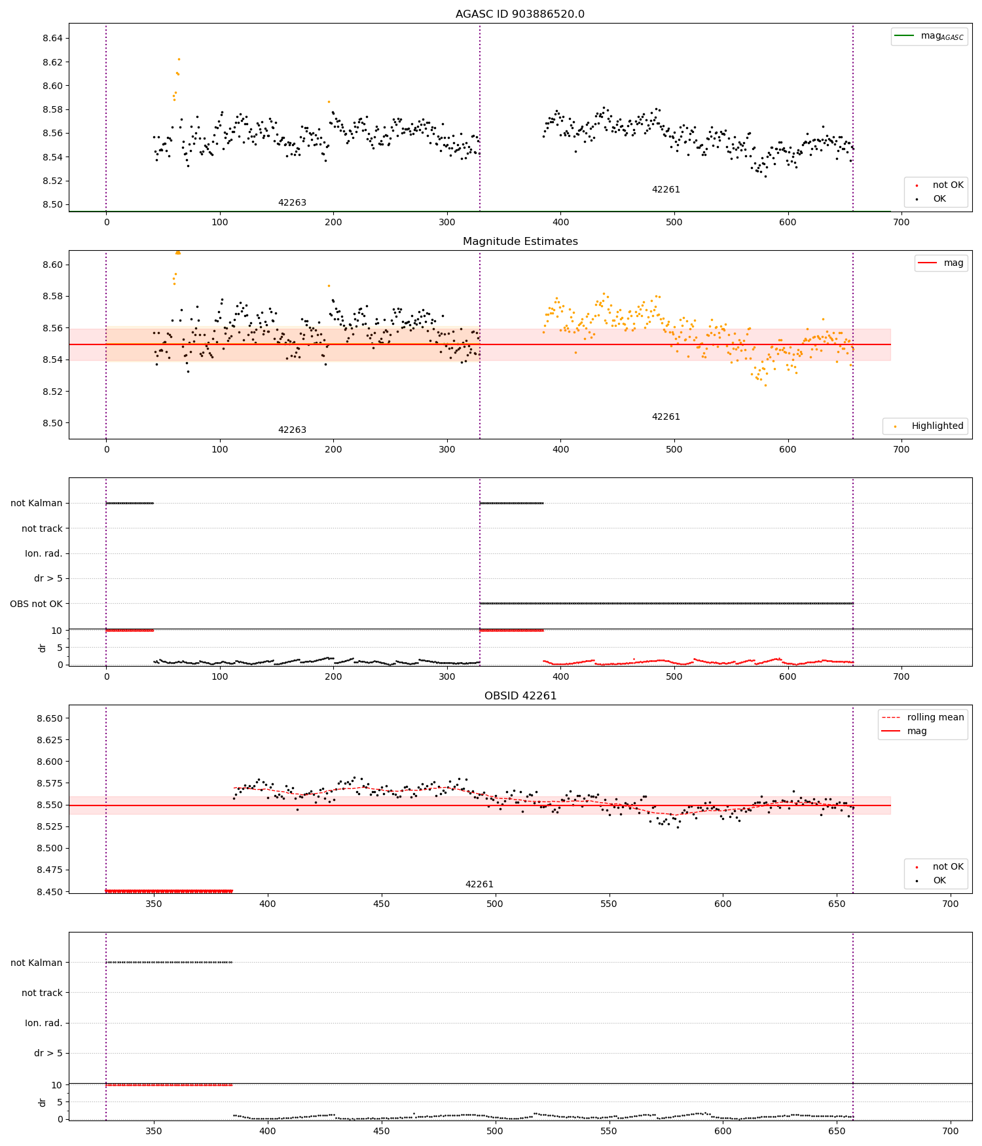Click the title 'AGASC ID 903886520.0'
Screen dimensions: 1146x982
pyautogui.click(x=520, y=14)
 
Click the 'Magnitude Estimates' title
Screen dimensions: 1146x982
pyautogui.click(x=520, y=242)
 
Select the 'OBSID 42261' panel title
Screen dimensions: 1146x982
pyautogui.click(x=520, y=696)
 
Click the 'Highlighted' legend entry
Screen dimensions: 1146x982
pyautogui.click(x=937, y=426)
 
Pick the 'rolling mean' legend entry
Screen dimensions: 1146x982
pyautogui.click(x=935, y=718)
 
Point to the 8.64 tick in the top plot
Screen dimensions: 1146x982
pyautogui.click(x=54, y=39)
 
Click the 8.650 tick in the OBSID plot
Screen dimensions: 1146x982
pyautogui.click(x=50, y=719)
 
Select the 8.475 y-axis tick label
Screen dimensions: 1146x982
pyautogui.click(x=50, y=870)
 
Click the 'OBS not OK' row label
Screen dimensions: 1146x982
pyautogui.click(x=37, y=604)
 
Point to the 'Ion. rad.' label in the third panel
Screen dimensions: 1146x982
pyautogui.click(x=44, y=554)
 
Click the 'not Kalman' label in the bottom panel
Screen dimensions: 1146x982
pyautogui.click(x=37, y=963)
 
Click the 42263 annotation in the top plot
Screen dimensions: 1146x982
pyautogui.click(x=292, y=203)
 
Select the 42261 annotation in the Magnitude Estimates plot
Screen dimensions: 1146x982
pyautogui.click(x=666, y=417)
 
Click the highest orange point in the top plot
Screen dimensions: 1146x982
pyautogui.click(x=179, y=59)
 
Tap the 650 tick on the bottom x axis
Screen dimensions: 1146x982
pyautogui.click(x=837, y=1132)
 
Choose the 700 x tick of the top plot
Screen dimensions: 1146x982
pyautogui.click(x=901, y=223)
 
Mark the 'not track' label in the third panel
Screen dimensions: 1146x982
pyautogui.click(x=42, y=529)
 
